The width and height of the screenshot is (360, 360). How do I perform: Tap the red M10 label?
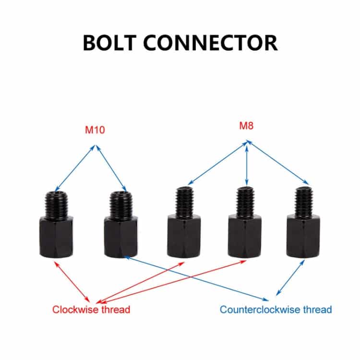pos(95,130)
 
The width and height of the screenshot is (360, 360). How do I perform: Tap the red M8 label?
pos(247,126)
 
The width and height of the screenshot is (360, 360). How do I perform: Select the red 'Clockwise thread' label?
pos(91,309)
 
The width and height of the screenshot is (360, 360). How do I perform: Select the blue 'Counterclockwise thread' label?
pos(276,309)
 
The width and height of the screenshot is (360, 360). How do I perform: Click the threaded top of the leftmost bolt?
pos(56,204)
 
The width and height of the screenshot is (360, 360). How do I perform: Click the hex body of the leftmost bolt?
pos(56,237)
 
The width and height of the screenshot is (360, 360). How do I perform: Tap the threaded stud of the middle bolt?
pos(183,202)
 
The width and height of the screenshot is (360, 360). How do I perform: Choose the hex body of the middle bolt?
pos(183,237)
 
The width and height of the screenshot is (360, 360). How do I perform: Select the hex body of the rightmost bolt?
pos(303,237)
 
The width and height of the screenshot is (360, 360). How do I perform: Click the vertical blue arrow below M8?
pos(247,163)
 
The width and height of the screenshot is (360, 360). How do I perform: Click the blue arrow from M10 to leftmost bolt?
pos(75,168)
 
